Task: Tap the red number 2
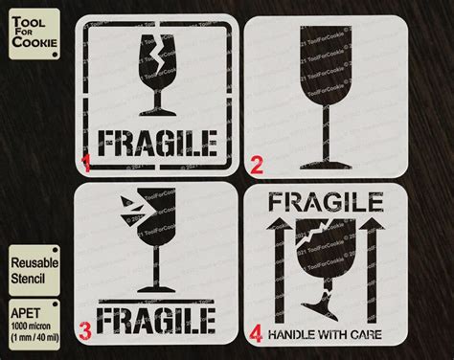click(256, 165)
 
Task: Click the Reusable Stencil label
click(34, 270)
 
